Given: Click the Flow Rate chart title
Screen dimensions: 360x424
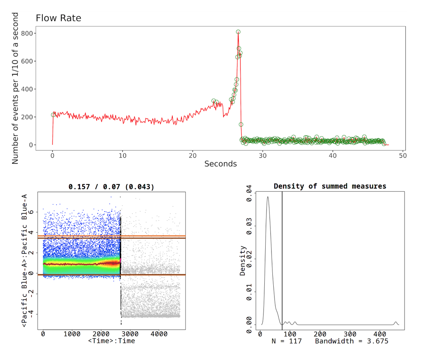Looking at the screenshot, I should [x=58, y=18].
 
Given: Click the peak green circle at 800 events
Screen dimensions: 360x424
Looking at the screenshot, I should [x=238, y=32].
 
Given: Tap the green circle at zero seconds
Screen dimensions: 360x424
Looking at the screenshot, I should [x=53, y=115].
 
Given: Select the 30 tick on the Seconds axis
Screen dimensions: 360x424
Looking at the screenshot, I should [x=263, y=155].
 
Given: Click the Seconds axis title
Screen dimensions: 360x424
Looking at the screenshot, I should [x=220, y=164].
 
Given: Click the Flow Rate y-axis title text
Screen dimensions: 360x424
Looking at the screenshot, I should [x=15, y=89].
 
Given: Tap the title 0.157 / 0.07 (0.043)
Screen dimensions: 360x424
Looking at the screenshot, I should [x=111, y=187].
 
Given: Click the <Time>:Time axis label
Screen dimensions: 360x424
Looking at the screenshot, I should [x=111, y=341].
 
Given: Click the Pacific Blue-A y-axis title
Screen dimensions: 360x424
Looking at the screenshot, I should [x=24, y=260].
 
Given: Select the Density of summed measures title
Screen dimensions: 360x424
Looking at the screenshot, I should [x=330, y=186].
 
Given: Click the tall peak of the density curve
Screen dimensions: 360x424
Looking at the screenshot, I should [x=267, y=197].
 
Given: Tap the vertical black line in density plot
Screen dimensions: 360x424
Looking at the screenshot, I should [x=282, y=262].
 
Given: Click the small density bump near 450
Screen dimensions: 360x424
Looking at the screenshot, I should [x=396, y=322].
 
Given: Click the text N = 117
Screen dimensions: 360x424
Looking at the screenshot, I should [x=286, y=341].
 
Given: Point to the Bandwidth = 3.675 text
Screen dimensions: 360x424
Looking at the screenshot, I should [x=351, y=341].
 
